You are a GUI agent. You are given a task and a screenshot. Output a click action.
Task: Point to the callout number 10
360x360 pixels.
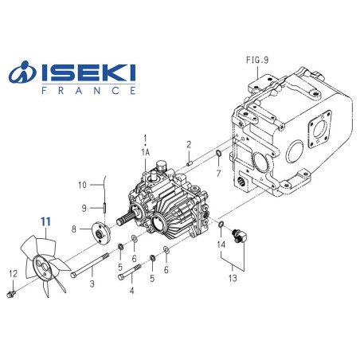[x=82, y=186]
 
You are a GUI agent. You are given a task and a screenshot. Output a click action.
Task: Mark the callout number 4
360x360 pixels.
[x=131, y=292]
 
